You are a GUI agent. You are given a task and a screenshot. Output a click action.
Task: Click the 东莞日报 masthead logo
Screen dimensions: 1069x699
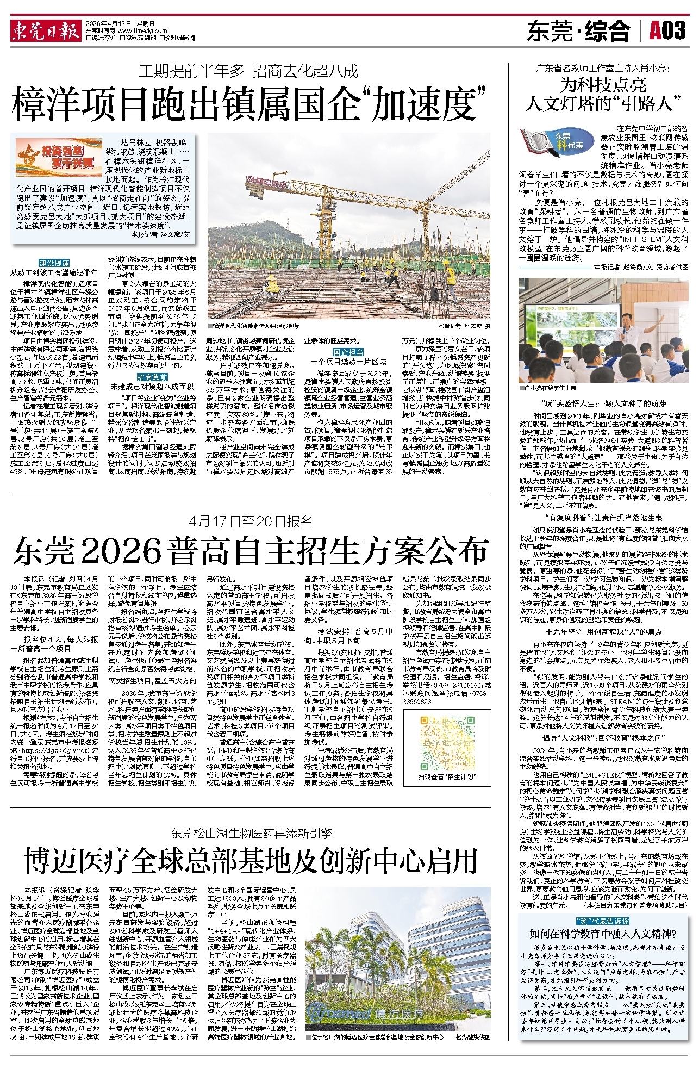point(46,32)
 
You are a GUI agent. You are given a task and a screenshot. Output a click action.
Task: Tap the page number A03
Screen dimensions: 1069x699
point(667,31)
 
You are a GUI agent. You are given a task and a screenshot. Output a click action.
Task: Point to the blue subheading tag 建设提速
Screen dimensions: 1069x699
point(54,263)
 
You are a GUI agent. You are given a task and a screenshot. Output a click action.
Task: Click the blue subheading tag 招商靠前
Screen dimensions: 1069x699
point(152,377)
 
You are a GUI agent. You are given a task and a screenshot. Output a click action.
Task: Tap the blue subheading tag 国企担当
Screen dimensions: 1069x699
point(348,352)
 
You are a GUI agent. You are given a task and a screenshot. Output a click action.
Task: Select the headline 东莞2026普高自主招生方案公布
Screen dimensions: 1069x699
point(250,551)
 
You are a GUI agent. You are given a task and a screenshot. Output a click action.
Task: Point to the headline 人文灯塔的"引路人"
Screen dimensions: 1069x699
point(603,103)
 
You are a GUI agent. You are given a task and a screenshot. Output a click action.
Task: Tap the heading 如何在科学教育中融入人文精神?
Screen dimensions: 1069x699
point(603,934)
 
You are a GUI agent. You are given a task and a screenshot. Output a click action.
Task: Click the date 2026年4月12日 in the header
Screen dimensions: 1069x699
point(113,24)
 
